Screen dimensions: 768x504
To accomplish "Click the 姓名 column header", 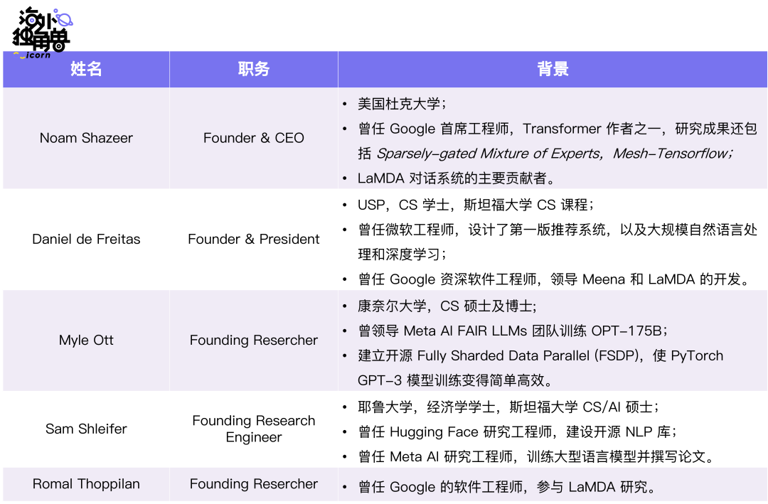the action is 86,68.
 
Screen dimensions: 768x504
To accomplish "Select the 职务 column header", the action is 254,68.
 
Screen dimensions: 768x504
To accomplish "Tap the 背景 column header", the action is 553,68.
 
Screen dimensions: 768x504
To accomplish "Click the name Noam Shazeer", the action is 86,138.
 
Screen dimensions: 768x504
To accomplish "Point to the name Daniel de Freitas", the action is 86,239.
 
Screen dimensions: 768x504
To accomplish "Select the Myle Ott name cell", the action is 86,340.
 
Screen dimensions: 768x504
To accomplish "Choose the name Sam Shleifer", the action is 86,429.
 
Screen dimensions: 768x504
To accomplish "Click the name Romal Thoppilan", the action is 86,484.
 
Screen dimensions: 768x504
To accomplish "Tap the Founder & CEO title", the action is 254,138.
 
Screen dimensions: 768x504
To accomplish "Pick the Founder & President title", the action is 254,239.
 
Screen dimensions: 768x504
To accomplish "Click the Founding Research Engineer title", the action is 254,429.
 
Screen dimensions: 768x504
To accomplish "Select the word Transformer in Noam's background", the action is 561,129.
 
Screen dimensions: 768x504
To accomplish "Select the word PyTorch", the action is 697,355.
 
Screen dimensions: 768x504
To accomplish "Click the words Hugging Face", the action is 434,432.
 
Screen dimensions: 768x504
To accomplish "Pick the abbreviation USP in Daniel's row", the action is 371,205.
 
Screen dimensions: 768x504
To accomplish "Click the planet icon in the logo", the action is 63,18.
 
